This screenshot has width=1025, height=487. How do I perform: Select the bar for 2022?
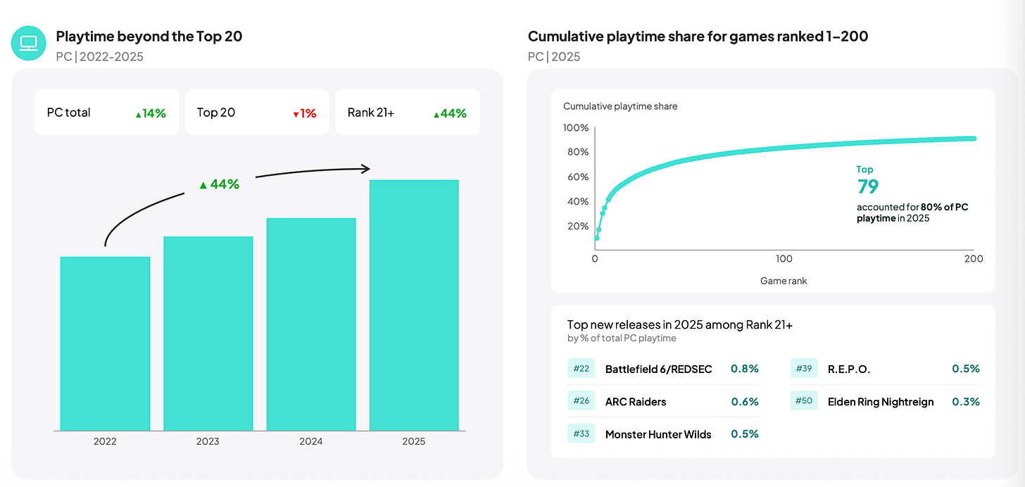(106, 343)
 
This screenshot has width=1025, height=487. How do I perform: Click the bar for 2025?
(414, 305)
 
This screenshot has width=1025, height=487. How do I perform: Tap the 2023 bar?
(208, 334)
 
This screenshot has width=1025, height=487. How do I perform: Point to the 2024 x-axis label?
(310, 441)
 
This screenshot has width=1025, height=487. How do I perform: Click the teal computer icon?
(28, 43)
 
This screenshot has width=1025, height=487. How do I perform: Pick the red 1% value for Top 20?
(305, 113)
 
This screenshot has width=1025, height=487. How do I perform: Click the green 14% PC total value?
(151, 113)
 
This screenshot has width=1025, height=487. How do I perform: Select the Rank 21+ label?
(370, 113)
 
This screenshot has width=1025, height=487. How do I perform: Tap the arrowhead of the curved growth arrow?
(366, 169)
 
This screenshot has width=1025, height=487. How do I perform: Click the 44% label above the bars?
(220, 184)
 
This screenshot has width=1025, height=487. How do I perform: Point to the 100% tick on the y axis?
(576, 127)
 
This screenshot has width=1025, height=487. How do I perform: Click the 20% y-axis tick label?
(578, 226)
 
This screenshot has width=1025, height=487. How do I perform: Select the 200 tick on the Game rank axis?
(974, 259)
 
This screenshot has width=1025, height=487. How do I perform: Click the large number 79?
(867, 186)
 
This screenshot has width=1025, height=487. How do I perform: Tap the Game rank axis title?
(784, 281)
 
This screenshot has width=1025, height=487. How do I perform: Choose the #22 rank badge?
(581, 368)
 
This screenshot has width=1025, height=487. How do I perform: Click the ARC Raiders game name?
(636, 401)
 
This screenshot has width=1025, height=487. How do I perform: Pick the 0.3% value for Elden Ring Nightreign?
(966, 401)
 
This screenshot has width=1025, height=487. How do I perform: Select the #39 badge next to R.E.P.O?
(803, 368)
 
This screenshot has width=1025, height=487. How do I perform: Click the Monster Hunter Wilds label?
(658, 434)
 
